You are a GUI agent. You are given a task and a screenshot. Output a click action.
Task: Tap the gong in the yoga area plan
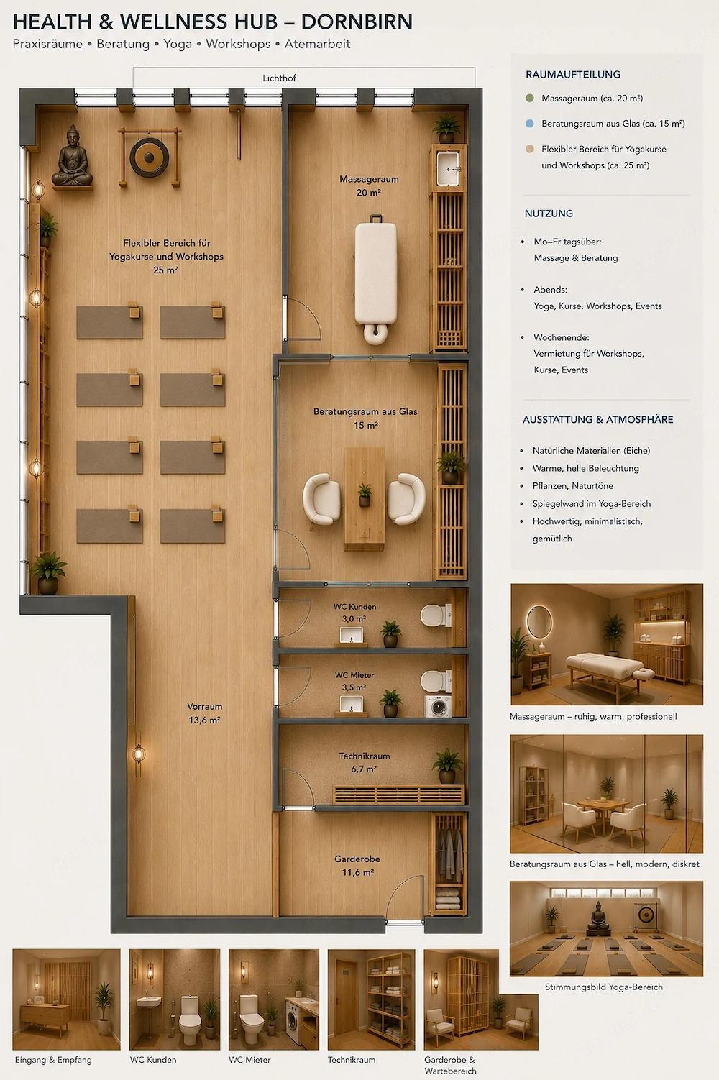(150, 157)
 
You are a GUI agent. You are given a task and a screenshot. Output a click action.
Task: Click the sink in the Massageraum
(448, 168)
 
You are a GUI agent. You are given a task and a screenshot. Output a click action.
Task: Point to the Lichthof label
(279, 78)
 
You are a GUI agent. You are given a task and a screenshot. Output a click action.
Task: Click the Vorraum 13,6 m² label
(205, 713)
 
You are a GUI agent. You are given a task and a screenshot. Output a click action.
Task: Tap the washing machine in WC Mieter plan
(439, 706)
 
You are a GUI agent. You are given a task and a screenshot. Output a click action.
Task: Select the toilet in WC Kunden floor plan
(436, 615)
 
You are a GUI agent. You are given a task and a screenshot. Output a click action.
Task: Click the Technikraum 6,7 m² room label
(364, 762)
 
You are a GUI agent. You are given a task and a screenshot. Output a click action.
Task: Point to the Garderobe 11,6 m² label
(357, 866)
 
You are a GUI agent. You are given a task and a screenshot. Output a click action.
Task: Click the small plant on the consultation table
(365, 495)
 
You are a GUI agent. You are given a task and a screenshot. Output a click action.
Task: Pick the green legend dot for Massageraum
(529, 99)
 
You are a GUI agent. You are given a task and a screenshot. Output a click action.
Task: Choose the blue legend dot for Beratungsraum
(529, 124)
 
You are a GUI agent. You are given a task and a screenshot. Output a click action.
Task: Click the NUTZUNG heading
(549, 214)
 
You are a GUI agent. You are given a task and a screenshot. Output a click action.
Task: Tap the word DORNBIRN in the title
(357, 22)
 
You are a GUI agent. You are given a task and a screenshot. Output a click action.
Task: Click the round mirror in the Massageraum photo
(539, 622)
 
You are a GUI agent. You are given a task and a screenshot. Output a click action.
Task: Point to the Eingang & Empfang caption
(53, 1060)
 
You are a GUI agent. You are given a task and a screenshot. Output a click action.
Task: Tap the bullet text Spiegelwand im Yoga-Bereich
(592, 504)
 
